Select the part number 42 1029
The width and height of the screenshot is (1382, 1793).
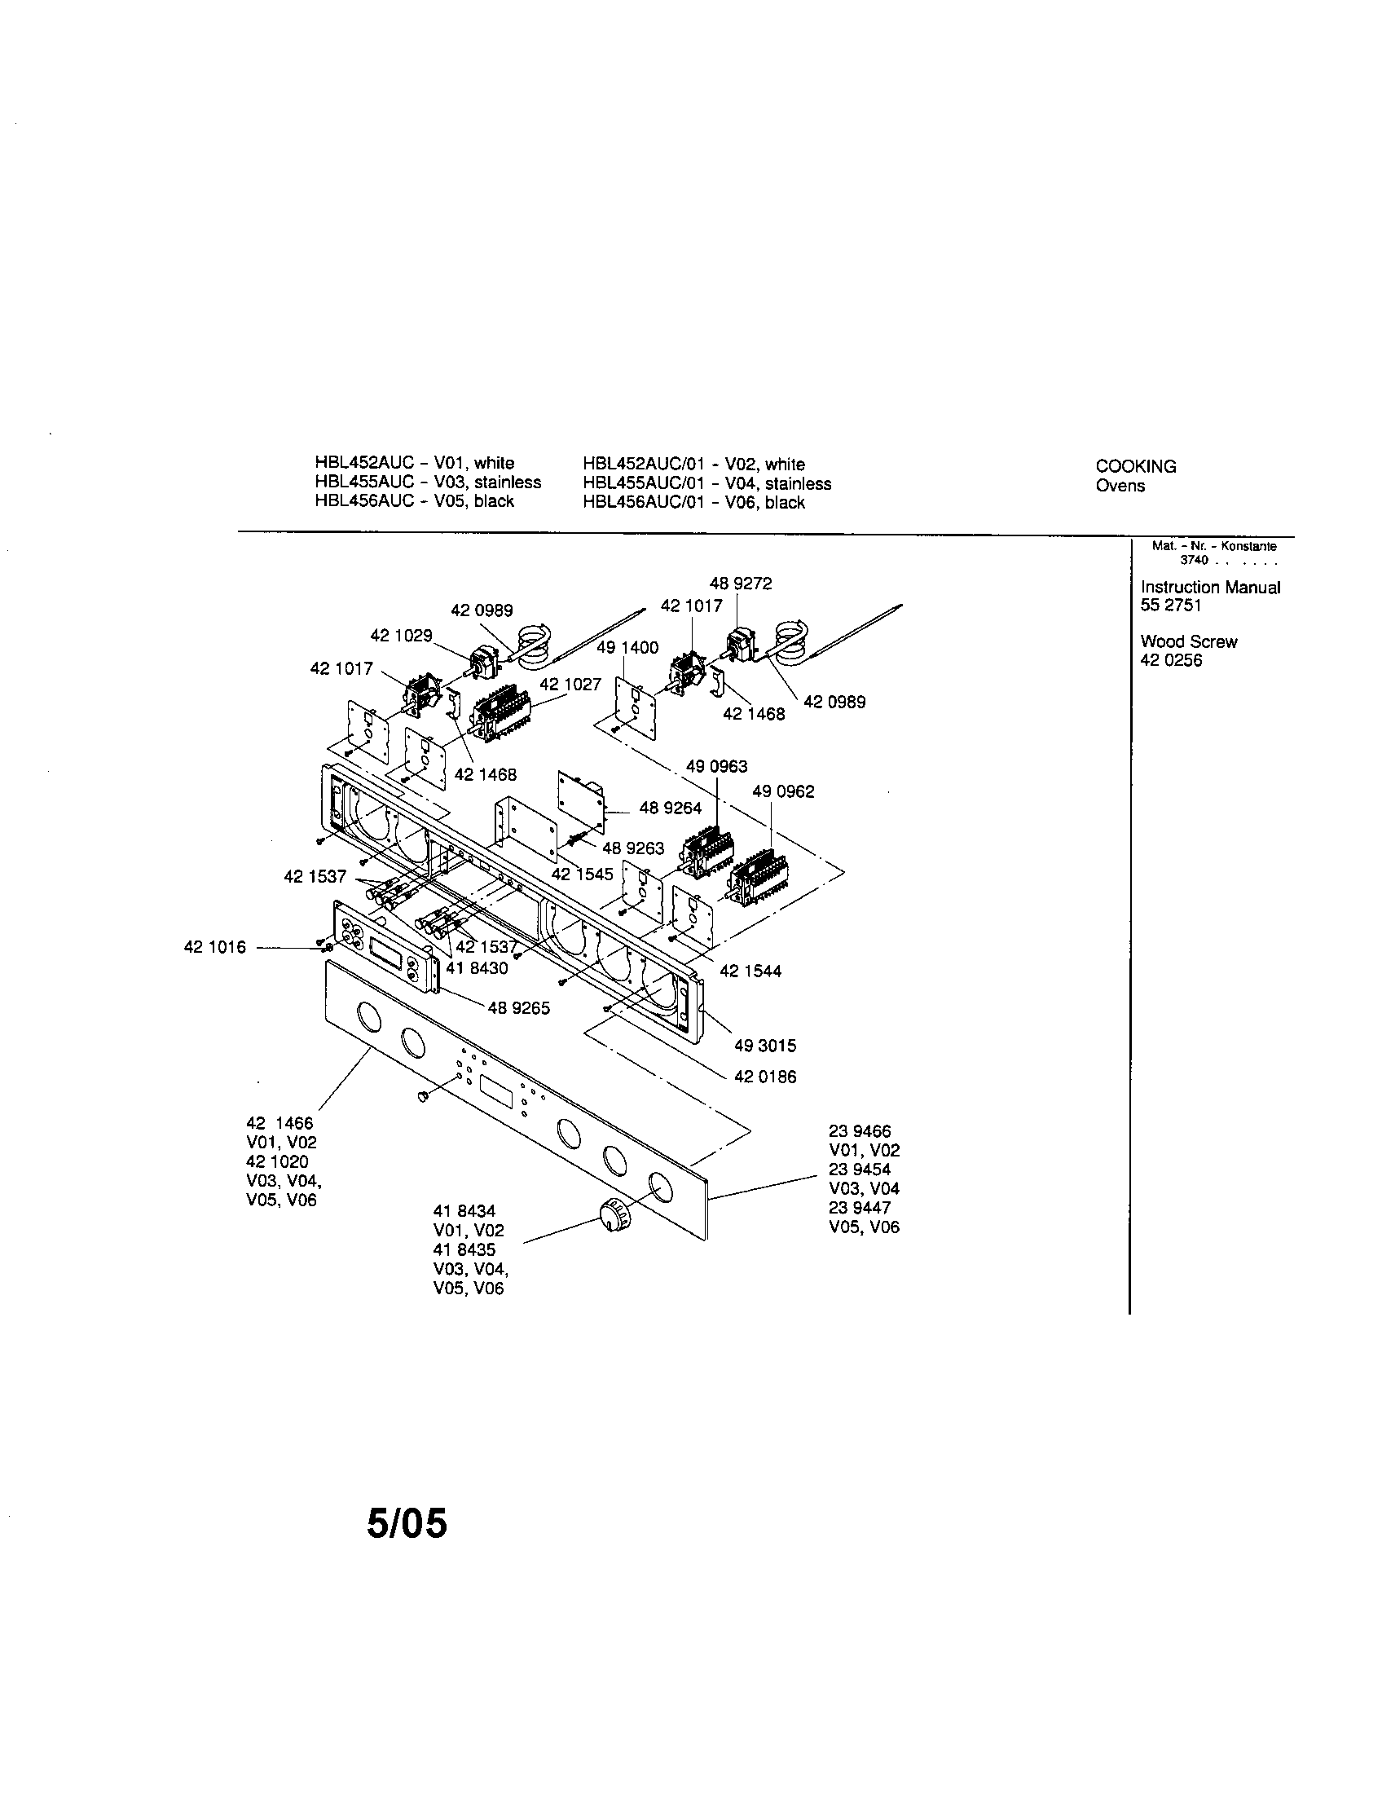click(400, 636)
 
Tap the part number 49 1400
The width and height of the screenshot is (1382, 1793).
click(627, 648)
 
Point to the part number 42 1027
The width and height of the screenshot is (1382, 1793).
click(570, 684)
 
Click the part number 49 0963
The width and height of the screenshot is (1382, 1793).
click(716, 766)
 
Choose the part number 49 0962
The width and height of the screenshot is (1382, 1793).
click(783, 791)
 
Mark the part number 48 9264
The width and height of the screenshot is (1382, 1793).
click(671, 808)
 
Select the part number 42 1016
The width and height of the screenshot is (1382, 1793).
click(214, 947)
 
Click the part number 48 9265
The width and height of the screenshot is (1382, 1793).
click(519, 1008)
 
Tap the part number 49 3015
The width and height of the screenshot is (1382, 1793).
click(765, 1046)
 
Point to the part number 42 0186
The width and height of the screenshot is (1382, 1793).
click(765, 1077)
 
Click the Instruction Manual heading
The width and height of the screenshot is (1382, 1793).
click(1210, 587)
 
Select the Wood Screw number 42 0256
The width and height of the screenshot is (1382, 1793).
click(1170, 661)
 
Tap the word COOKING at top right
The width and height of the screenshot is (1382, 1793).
click(1135, 466)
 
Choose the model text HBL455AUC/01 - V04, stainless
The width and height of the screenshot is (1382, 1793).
click(706, 483)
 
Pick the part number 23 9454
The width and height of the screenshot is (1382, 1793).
click(859, 1169)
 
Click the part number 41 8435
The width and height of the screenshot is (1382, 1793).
click(464, 1249)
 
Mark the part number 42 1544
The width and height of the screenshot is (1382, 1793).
click(750, 971)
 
